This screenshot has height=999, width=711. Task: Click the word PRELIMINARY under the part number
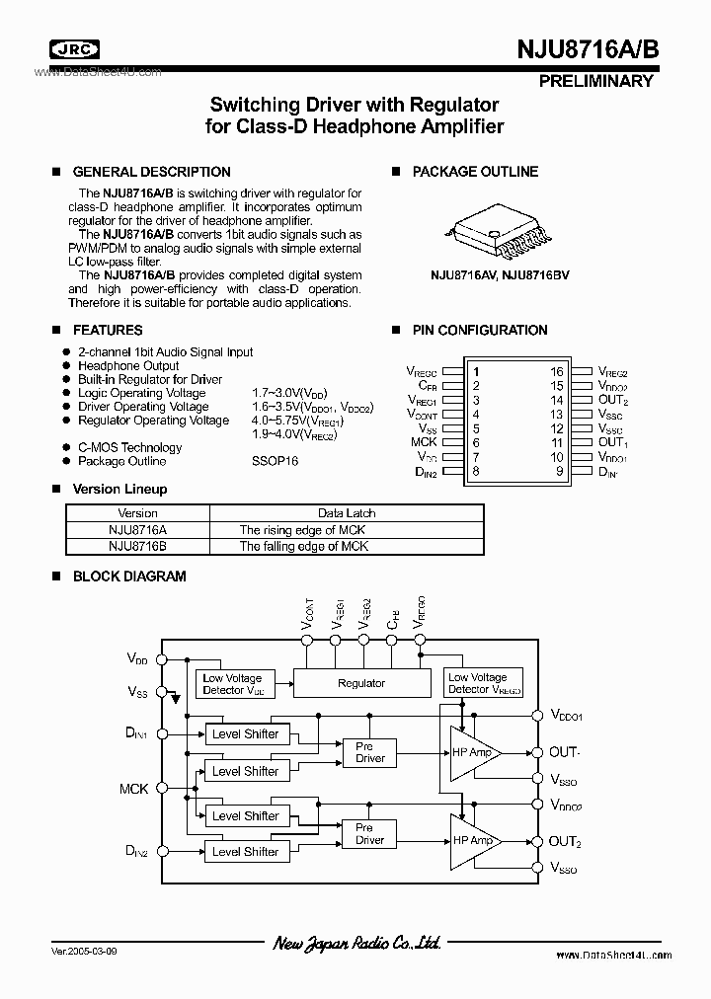click(596, 81)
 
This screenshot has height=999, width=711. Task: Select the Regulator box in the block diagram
click(360, 683)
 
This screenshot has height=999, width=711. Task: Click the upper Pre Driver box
click(370, 753)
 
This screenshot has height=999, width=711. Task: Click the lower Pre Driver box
click(369, 834)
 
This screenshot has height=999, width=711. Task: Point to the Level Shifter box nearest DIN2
click(245, 851)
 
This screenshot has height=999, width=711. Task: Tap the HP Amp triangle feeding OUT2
click(474, 841)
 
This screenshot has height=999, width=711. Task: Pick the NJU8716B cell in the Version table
click(137, 546)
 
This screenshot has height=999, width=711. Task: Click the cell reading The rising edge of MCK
click(303, 529)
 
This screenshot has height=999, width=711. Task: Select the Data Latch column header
click(347, 513)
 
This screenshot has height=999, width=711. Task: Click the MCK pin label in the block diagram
click(134, 789)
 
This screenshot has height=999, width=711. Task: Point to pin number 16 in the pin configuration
click(557, 372)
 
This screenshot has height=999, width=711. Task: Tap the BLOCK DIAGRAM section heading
click(129, 576)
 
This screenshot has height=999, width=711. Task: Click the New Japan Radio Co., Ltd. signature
click(356, 945)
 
